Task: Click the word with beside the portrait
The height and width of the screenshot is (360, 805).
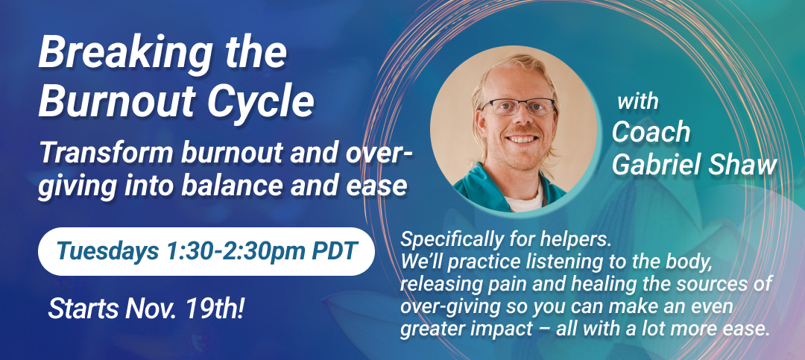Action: click(x=637, y=101)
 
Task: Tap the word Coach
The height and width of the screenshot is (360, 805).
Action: click(x=651, y=132)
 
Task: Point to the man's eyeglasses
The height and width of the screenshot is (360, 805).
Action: click(x=518, y=107)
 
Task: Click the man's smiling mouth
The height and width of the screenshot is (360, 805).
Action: click(x=523, y=139)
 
